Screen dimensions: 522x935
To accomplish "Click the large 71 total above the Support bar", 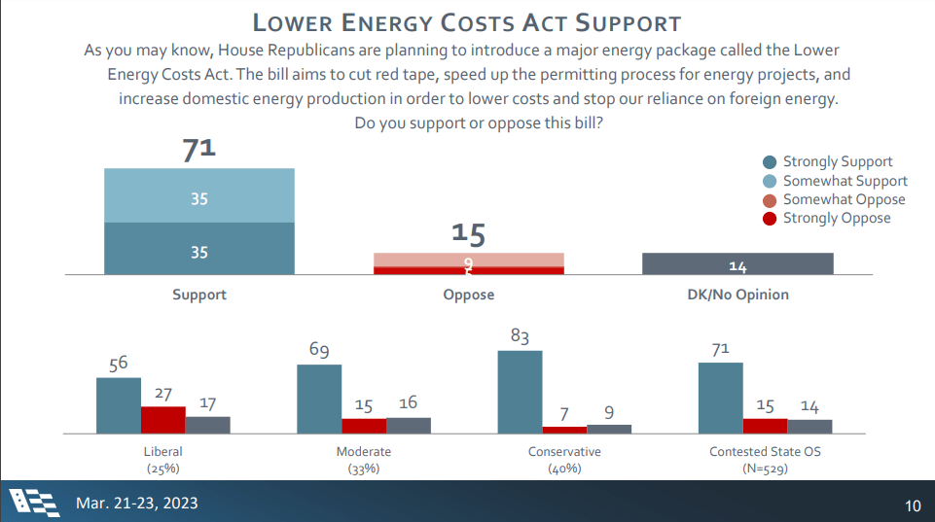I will pos(199,150).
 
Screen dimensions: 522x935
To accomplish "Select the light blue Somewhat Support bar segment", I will pos(199,195).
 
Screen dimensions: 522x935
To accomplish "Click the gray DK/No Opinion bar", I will pos(737,264).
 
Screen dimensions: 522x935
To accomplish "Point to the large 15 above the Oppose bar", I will pos(468,234).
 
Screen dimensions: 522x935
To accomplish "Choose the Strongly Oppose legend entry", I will pos(826,218).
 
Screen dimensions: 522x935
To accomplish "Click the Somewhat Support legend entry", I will pos(835,181).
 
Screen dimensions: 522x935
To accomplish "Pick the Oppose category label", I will pos(468,295).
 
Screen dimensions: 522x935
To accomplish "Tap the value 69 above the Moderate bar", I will pos(319,349).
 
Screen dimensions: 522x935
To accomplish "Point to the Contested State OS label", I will pos(759,452).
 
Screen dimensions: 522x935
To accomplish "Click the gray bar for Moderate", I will pos(409,425).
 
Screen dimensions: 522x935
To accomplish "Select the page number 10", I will pos(912,505).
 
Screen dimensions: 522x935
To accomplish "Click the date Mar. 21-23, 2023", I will pos(136,503).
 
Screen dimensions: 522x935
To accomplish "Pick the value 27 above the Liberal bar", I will pos(163,394).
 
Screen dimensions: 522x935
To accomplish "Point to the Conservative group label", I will pos(564,452).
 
